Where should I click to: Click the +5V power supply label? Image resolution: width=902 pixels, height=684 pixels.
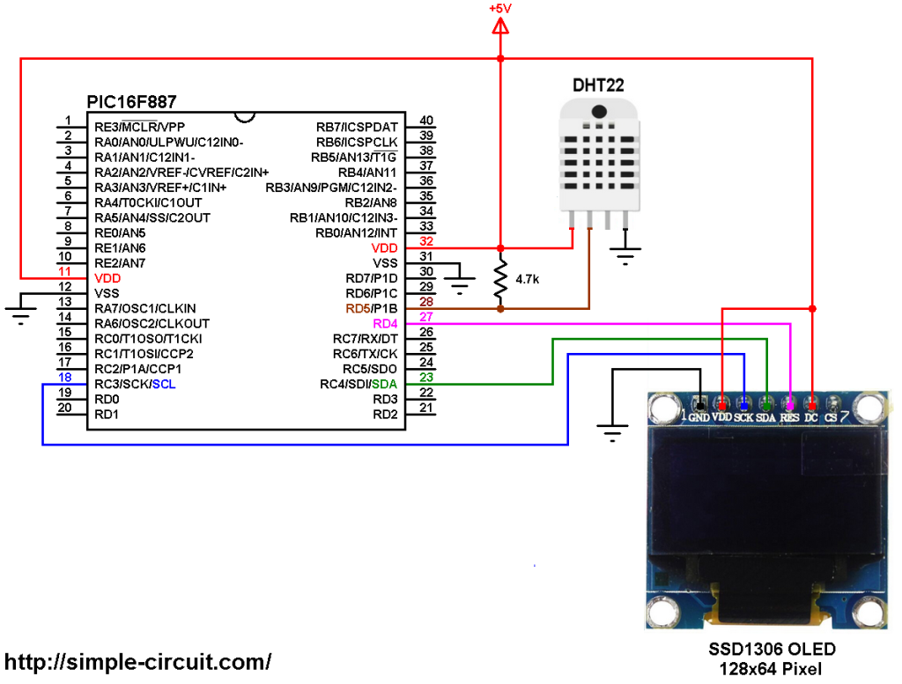(x=499, y=8)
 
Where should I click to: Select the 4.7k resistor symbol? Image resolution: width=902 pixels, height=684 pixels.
(x=500, y=280)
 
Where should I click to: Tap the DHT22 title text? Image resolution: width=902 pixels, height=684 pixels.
(x=599, y=86)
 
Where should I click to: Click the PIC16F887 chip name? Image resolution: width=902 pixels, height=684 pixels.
(x=131, y=102)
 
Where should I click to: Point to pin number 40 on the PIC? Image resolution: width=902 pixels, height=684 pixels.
(x=426, y=121)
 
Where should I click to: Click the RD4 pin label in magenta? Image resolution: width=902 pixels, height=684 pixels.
(x=385, y=324)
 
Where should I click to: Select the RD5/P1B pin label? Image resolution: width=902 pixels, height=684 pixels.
(x=372, y=309)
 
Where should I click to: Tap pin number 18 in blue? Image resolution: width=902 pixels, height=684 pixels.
(x=64, y=377)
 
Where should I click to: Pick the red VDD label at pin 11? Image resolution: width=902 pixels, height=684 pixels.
(x=107, y=278)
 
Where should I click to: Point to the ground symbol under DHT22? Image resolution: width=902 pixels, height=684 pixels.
(x=625, y=257)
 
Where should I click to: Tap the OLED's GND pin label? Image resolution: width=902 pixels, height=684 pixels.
(x=699, y=418)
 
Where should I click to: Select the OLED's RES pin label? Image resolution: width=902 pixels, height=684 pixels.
(x=789, y=418)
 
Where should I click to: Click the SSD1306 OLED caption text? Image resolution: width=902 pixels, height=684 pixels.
(x=772, y=650)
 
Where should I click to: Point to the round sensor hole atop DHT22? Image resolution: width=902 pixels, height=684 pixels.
(x=600, y=112)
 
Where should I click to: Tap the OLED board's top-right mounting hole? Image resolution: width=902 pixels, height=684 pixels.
(x=868, y=408)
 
